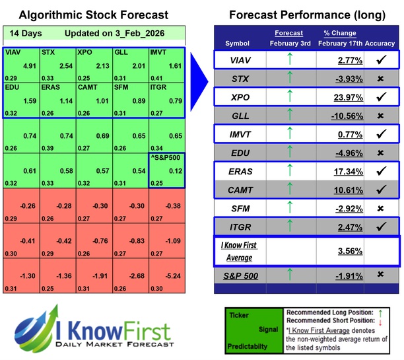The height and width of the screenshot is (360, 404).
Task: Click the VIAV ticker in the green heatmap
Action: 13,52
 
